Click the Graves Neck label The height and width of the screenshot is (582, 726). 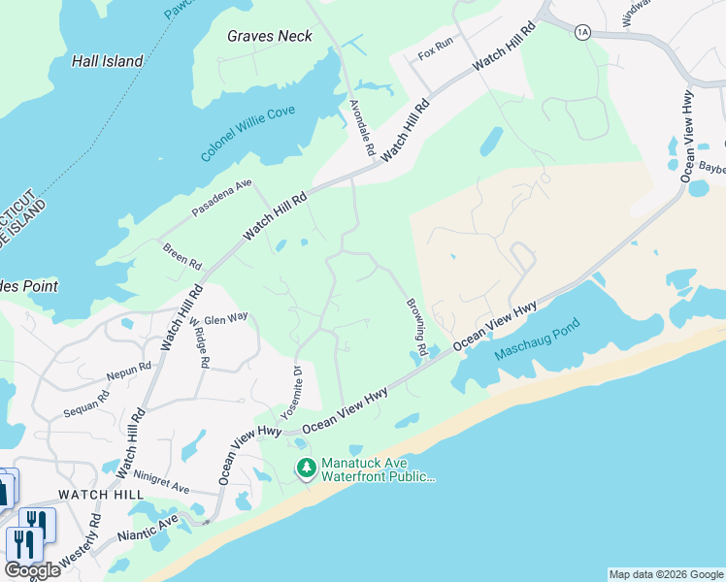point(270,36)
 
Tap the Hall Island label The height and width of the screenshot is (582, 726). point(108,61)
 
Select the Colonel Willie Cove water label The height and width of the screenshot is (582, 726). point(248,135)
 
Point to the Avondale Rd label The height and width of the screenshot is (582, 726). point(362,127)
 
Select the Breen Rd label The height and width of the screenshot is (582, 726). point(181,256)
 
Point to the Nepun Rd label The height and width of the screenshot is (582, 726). point(130,369)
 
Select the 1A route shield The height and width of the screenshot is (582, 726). point(582,32)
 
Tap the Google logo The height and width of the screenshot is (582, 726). point(32,570)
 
